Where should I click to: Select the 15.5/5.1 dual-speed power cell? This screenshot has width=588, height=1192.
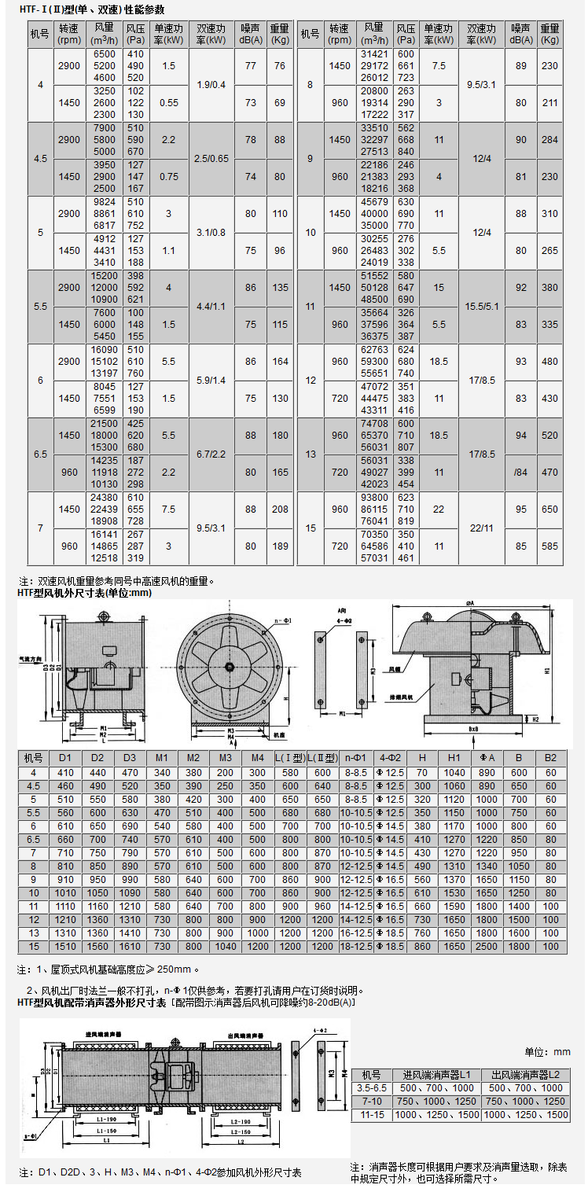[x=481, y=306]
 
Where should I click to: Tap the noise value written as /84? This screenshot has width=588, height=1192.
[x=521, y=473]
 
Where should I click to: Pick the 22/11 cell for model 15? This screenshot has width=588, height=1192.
[x=481, y=528]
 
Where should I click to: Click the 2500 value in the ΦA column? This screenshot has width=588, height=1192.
[x=487, y=947]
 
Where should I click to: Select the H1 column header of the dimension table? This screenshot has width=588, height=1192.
[x=454, y=758]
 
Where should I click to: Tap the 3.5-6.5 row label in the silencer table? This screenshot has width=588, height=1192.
[x=371, y=1087]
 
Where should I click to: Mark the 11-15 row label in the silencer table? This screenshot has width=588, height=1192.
[x=371, y=1115]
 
